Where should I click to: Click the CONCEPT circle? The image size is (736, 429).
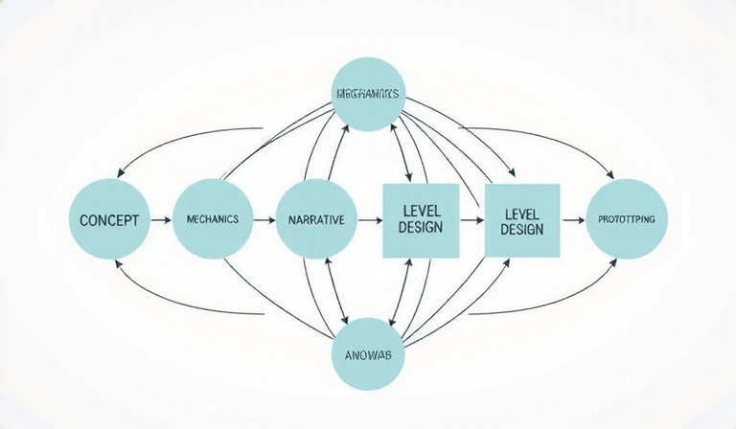click(x=109, y=219)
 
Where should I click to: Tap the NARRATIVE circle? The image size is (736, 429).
click(x=315, y=219)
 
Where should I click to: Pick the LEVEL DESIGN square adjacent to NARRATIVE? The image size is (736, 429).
click(x=421, y=219)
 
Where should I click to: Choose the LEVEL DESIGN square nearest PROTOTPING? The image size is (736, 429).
click(x=521, y=219)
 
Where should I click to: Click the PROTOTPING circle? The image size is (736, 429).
click(x=626, y=219)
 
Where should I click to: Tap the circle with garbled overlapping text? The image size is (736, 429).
click(x=369, y=96)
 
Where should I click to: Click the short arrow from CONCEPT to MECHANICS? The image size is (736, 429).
click(x=160, y=219)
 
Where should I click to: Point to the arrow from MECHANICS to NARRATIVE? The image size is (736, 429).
click(x=264, y=219)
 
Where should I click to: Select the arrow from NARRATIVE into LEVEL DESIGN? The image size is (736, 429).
click(x=369, y=219)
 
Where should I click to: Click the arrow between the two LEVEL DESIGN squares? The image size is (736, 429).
click(x=471, y=219)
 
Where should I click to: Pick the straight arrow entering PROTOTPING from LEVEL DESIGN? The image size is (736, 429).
click(x=572, y=219)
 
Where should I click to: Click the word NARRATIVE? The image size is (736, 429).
click(x=315, y=219)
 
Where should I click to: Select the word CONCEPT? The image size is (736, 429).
click(x=109, y=219)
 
